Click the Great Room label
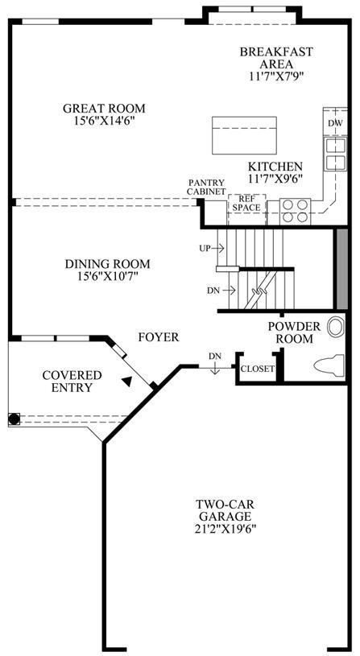click(x=104, y=109)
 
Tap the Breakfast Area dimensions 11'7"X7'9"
click(x=276, y=76)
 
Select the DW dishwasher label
click(x=335, y=123)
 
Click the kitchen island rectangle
click(x=244, y=135)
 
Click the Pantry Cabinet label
click(x=206, y=187)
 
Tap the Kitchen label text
click(x=275, y=166)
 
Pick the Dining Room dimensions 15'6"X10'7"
click(x=108, y=277)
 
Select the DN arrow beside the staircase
click(x=229, y=290)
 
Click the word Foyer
click(x=159, y=336)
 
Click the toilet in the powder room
click(x=329, y=364)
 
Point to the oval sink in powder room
click(x=336, y=327)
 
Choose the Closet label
click(x=258, y=369)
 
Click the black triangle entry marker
click(x=127, y=381)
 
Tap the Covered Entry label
click(x=72, y=381)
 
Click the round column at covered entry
click(x=14, y=419)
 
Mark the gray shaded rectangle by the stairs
click(x=342, y=269)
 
